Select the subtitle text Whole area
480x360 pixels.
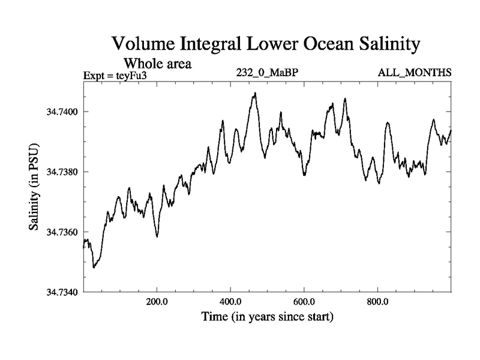click(x=157, y=63)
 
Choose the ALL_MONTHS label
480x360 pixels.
click(x=414, y=73)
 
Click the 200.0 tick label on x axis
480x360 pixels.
click(x=157, y=302)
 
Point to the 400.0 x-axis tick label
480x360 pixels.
click(x=230, y=302)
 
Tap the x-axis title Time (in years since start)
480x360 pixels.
click(x=267, y=316)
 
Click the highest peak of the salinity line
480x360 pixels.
click(x=256, y=93)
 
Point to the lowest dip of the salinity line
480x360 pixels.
click(x=94, y=267)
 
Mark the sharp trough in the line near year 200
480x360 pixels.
click(x=157, y=236)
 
